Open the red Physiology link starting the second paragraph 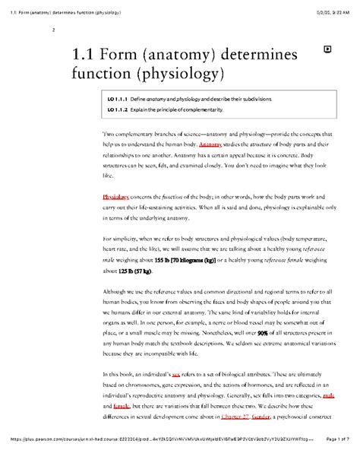(x=116, y=196)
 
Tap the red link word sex (x=176, y=375)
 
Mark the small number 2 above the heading (x=52, y=30)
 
